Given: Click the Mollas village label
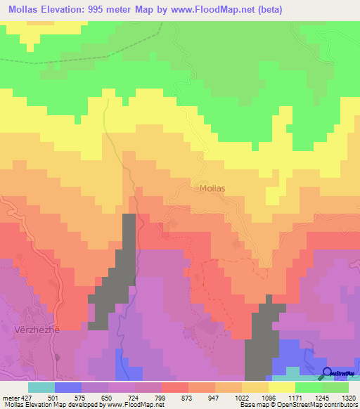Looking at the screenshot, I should click(x=212, y=188).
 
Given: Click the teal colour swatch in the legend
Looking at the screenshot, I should click(x=41, y=387).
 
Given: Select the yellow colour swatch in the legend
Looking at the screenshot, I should click(x=282, y=387).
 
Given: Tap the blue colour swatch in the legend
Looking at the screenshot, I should click(x=68, y=387).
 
